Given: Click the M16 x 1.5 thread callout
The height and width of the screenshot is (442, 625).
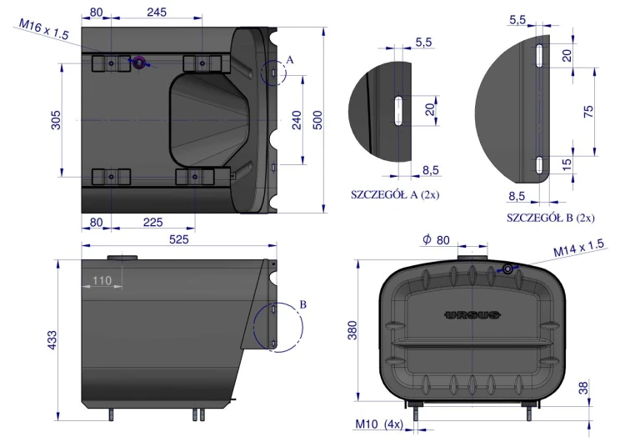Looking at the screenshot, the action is click(x=44, y=29).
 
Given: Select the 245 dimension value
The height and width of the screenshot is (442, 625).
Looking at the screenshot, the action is click(x=157, y=13).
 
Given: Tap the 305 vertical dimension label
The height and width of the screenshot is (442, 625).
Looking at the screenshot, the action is click(x=56, y=120).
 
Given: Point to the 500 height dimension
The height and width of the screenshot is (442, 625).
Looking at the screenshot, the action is click(x=317, y=120).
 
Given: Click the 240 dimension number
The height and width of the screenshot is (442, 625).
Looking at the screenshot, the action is click(x=297, y=120).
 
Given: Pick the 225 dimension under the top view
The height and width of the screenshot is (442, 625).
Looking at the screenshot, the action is click(x=153, y=222).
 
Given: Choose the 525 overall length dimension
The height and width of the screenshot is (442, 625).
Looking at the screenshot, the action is click(x=179, y=239).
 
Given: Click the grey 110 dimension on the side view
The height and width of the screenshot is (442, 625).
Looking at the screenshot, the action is click(x=102, y=280).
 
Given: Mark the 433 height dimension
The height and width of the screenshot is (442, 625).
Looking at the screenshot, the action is click(x=52, y=340).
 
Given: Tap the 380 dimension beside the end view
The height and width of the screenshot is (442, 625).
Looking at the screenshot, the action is click(x=352, y=330).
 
